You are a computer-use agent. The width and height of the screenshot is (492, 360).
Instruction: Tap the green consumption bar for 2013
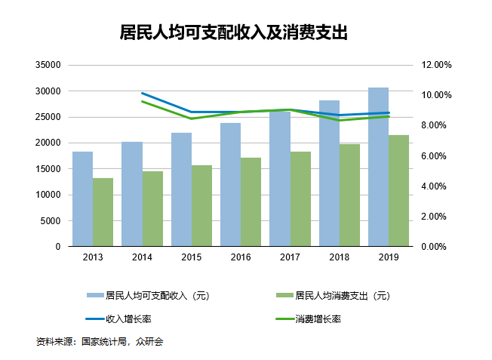pos(103,212)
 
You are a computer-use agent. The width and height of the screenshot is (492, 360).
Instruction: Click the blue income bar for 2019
pos(378,167)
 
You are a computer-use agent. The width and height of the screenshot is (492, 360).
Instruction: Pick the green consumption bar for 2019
pos(399,191)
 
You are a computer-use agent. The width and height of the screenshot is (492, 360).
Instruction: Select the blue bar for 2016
pos(230,185)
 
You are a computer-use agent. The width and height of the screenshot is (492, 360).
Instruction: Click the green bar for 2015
pos(202,205)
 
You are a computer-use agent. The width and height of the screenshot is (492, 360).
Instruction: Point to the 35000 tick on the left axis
pos(48,66)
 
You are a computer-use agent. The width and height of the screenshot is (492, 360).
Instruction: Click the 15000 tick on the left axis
pos(48,169)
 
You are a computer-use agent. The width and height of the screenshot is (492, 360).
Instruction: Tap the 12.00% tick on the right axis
pos(435,66)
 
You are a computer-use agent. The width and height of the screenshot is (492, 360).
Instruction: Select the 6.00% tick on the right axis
pos(435,156)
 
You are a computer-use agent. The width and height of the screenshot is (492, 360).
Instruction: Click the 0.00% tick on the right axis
pos(435,247)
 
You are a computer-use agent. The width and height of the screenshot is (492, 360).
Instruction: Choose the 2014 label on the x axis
pos(142,257)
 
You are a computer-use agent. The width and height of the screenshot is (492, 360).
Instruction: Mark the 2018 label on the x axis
pos(339,257)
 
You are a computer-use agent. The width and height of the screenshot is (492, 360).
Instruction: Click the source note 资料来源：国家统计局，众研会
pos(100,342)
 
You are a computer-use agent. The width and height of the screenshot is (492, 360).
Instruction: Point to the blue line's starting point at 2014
pos(143,94)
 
